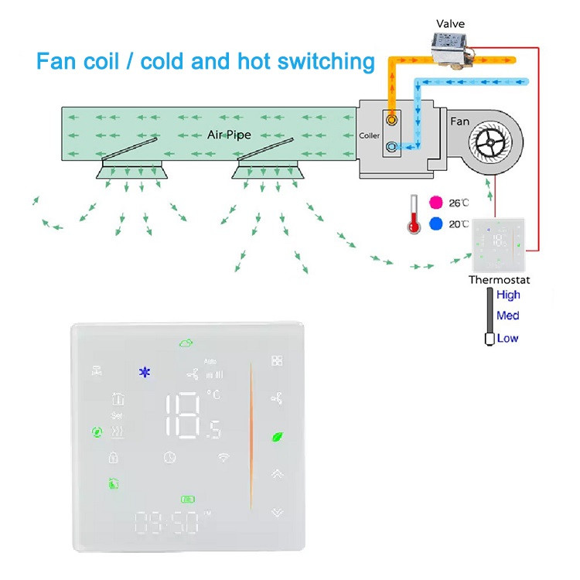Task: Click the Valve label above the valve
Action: click(449, 24)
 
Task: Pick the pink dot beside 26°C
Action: click(435, 203)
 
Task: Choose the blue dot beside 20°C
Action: click(435, 224)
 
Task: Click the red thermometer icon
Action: click(415, 214)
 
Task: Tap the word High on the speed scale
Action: click(509, 295)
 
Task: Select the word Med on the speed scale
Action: click(508, 316)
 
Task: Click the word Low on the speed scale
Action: click(508, 338)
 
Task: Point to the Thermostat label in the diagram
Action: click(500, 279)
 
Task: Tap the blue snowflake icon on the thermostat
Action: click(143, 373)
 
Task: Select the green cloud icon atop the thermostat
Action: click(186, 343)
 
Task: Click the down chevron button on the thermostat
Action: click(277, 512)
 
